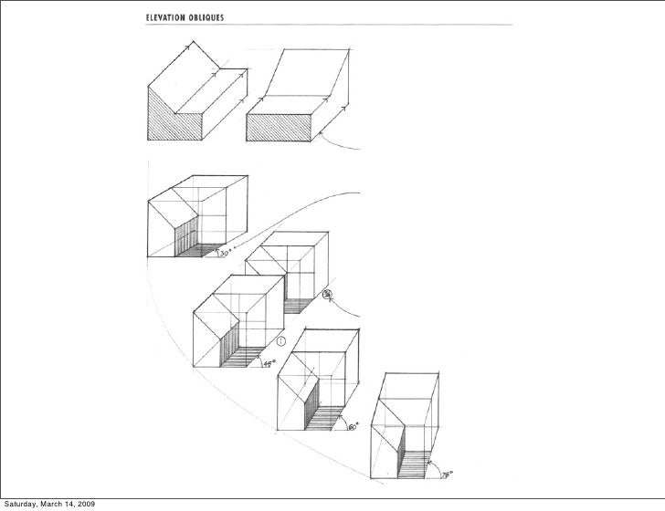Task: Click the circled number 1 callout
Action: [281, 341]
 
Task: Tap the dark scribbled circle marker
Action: [328, 294]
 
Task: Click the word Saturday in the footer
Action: [23, 503]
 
